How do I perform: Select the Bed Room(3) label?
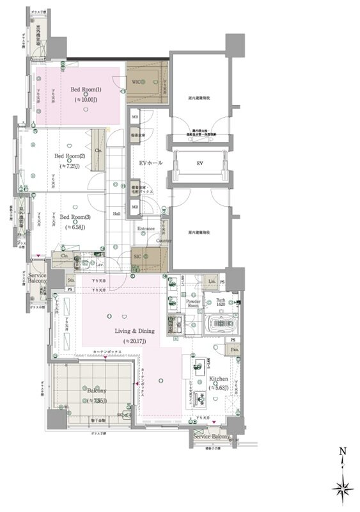pyautogui.click(x=75, y=217)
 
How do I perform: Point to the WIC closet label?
pyautogui.click(x=137, y=83)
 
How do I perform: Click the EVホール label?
pyautogui.click(x=151, y=163)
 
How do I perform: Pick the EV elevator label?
pyautogui.click(x=200, y=164)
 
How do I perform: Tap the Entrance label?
pyautogui.click(x=146, y=228)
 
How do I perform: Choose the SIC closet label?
pyautogui.click(x=137, y=257)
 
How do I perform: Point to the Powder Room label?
pyautogui.click(x=193, y=302)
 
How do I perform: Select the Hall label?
pyautogui.click(x=117, y=214)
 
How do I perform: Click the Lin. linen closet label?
pyautogui.click(x=212, y=281)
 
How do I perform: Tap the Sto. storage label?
pyautogui.click(x=71, y=280)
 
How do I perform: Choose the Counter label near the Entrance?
pyautogui.click(x=164, y=241)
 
